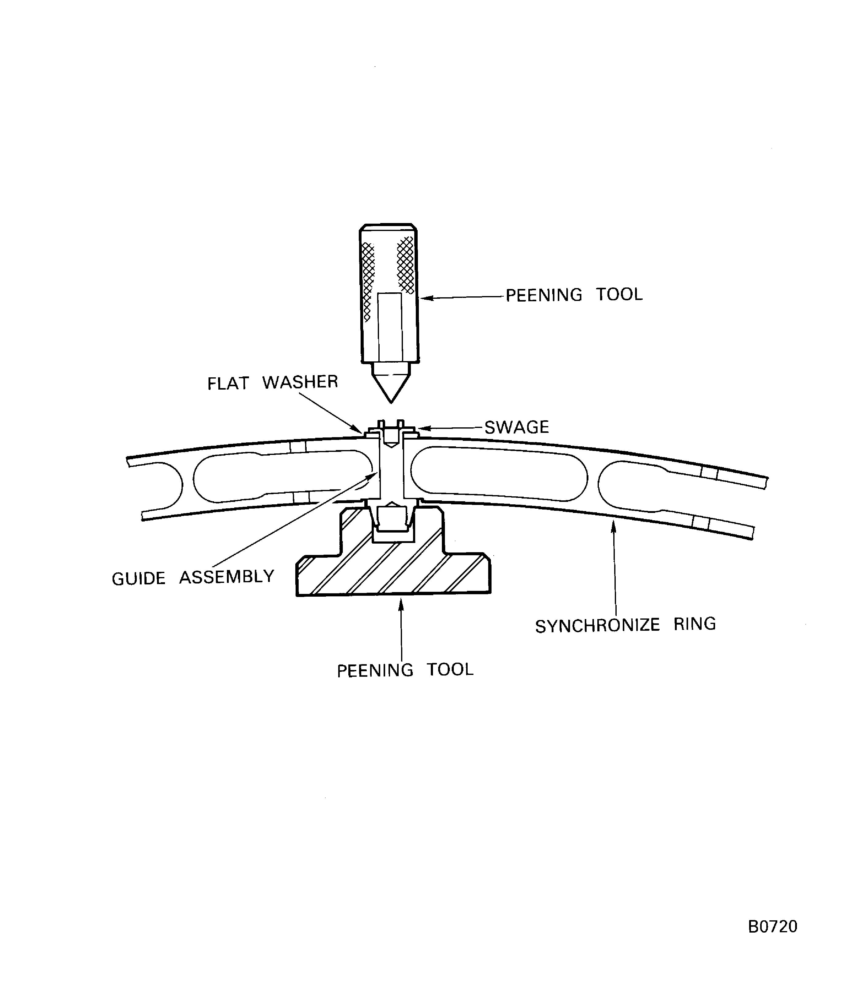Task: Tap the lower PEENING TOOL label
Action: click(405, 670)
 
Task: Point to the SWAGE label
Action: click(517, 427)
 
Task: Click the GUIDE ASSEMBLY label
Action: click(193, 577)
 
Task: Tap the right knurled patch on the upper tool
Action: click(406, 265)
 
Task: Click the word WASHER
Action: click(300, 382)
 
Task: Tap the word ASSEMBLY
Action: click(227, 577)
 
